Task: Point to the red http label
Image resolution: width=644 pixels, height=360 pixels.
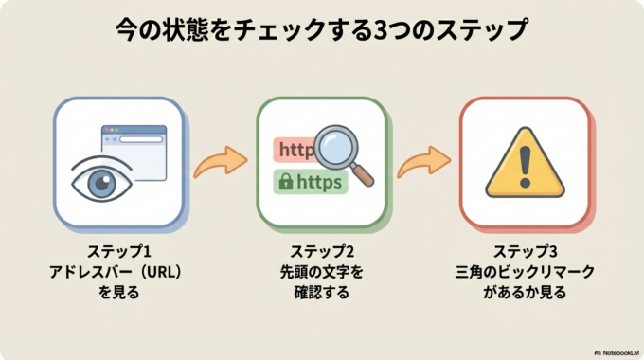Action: [x=294, y=150]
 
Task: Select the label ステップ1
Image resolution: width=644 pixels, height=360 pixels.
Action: [x=118, y=251]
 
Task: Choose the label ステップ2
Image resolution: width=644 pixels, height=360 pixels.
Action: [x=322, y=251]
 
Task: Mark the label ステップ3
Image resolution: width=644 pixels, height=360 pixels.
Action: [x=525, y=251]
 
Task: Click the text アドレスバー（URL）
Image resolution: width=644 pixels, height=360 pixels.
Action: [x=118, y=272]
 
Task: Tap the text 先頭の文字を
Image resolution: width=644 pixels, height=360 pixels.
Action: [x=322, y=272]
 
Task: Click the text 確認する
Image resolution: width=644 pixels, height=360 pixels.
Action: [x=322, y=293]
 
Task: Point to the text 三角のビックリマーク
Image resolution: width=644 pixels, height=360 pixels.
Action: [x=525, y=272]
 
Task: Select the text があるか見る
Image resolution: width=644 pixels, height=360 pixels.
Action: [x=525, y=293]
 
